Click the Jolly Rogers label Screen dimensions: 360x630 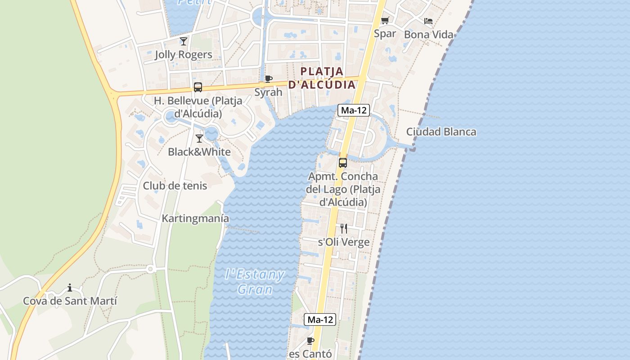click(x=183, y=55)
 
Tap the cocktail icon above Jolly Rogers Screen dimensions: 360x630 click(x=184, y=41)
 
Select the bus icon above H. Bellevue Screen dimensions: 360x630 click(x=198, y=87)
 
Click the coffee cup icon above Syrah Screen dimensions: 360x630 click(x=269, y=79)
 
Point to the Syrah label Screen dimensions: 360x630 click(x=269, y=92)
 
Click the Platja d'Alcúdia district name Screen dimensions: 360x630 click(x=322, y=78)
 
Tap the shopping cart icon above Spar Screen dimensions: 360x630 click(x=385, y=21)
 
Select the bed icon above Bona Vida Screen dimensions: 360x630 click(x=428, y=21)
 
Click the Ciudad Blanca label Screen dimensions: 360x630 click(x=441, y=132)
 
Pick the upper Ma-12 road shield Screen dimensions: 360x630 click(x=353, y=110)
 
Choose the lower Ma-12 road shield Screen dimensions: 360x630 click(x=320, y=319)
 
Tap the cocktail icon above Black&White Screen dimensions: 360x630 click(x=199, y=139)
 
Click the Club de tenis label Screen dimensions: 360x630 click(x=175, y=186)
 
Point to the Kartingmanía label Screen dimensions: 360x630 click(x=195, y=219)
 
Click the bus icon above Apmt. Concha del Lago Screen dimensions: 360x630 click(x=343, y=163)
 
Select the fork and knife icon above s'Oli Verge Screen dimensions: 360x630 click(x=344, y=229)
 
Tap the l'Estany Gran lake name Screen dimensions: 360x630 click(x=255, y=281)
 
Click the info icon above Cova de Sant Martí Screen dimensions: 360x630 click(x=70, y=288)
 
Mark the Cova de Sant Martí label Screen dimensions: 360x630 click(x=70, y=301)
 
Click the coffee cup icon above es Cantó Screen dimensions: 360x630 click(x=310, y=341)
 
